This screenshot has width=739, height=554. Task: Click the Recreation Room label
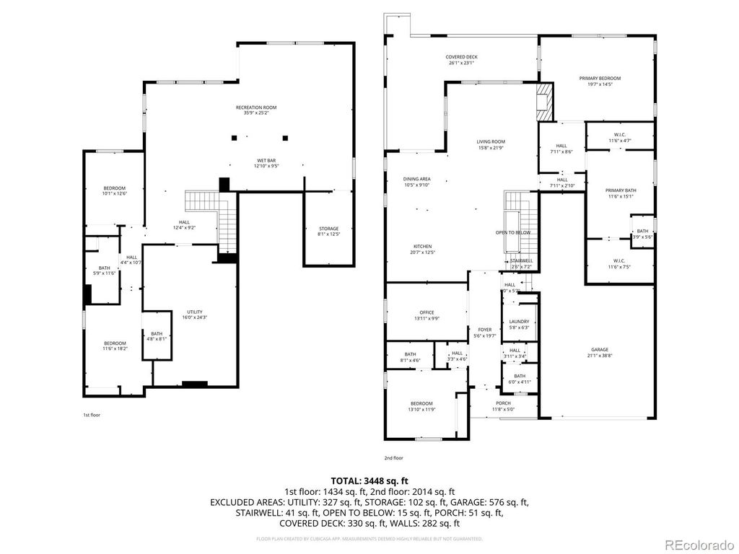pyautogui.click(x=256, y=107)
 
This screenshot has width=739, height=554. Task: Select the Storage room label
pyautogui.click(x=329, y=229)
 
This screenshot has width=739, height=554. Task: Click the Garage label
pyautogui.click(x=600, y=349)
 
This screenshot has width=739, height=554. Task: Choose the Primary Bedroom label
pyautogui.click(x=600, y=78)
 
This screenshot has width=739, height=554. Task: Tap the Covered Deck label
pyautogui.click(x=462, y=57)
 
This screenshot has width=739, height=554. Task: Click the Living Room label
pyautogui.click(x=491, y=142)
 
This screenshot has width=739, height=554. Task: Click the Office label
pyautogui.click(x=427, y=312)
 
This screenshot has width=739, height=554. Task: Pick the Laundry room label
pyautogui.click(x=519, y=322)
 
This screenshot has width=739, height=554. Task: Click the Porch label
pyautogui.click(x=503, y=403)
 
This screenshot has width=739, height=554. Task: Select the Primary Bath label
pyautogui.click(x=620, y=190)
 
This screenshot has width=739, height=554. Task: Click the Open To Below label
pyautogui.click(x=513, y=232)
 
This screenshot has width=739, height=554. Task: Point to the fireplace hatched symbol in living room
pyautogui.click(x=546, y=102)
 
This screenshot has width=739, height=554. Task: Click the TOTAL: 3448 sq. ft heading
pyautogui.click(x=369, y=480)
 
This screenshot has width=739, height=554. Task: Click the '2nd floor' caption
pyautogui.click(x=393, y=458)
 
